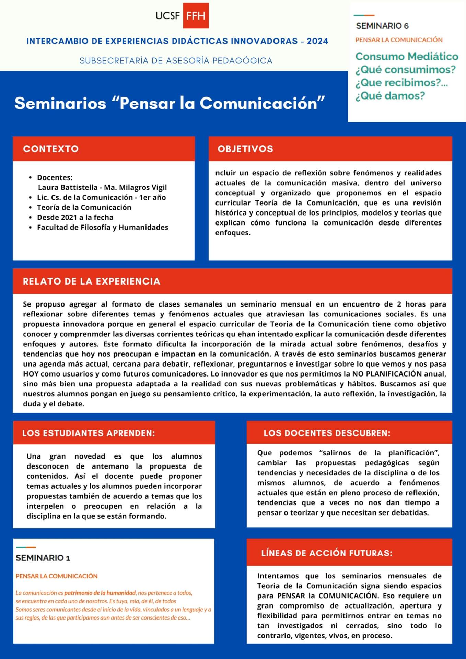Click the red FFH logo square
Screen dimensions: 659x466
(x=196, y=16)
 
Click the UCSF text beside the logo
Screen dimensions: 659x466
(x=167, y=16)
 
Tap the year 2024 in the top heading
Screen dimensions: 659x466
(x=317, y=41)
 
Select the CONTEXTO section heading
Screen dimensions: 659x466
(x=51, y=149)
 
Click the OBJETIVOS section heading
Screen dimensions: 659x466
(x=245, y=149)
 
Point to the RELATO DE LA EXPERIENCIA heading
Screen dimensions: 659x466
(x=92, y=281)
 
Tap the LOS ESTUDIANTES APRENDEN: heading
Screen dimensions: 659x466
(x=89, y=433)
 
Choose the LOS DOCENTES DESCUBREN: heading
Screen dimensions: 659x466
(x=327, y=433)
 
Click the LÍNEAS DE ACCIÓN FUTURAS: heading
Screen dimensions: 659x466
(x=327, y=553)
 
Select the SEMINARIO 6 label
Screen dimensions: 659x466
(x=382, y=26)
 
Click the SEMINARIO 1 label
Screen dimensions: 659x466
(x=43, y=558)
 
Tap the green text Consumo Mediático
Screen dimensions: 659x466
(x=407, y=56)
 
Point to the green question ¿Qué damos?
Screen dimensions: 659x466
(x=390, y=95)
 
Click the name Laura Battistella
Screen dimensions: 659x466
(x=68, y=187)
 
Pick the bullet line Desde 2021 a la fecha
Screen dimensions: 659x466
(x=75, y=217)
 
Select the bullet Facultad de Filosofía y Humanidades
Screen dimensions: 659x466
(x=103, y=227)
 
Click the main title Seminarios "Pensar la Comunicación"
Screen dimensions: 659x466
(x=170, y=103)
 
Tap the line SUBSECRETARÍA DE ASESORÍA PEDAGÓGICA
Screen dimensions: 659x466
(x=176, y=61)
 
